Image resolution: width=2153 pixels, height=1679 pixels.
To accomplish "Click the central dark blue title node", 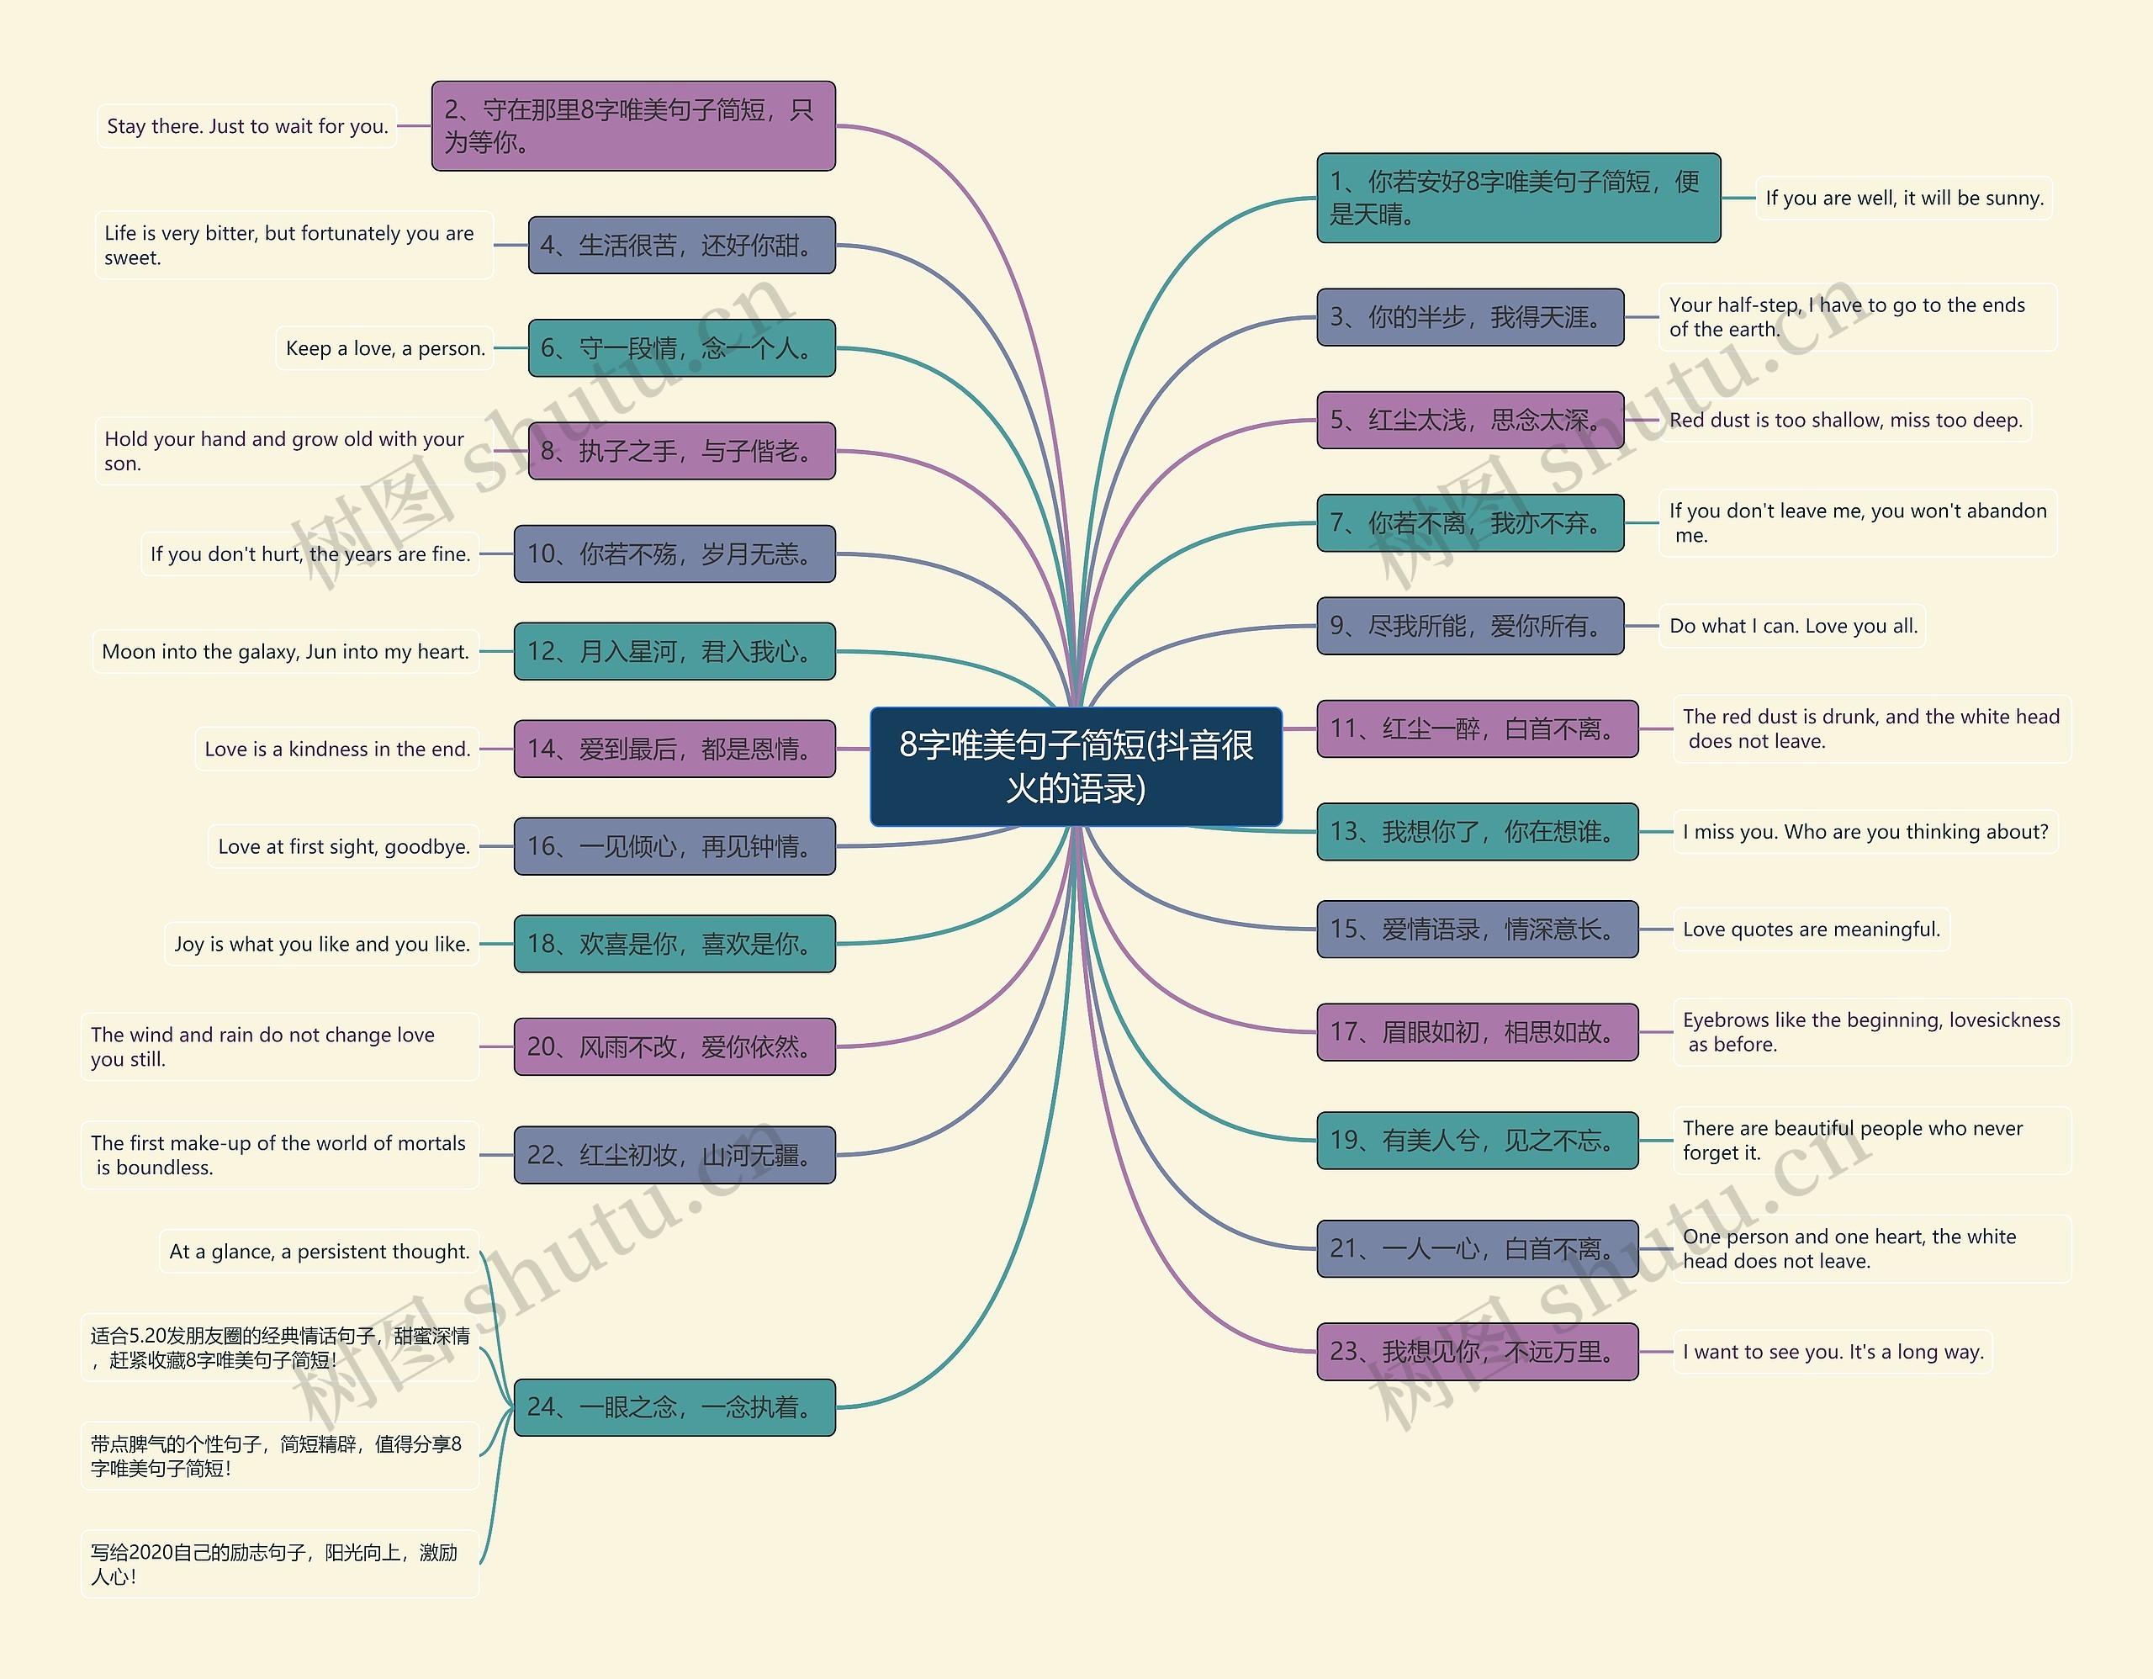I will pos(1076,766).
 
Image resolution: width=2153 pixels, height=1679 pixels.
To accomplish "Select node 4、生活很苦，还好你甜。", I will pos(681,246).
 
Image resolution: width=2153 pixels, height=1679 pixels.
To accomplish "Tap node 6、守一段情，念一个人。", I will pos(681,348).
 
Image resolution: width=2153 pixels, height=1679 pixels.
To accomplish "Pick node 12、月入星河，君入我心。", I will pos(674,652).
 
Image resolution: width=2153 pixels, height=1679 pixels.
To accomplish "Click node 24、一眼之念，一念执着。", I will pos(674,1407).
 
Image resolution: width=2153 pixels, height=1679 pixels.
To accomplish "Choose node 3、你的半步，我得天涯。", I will pos(1470,317).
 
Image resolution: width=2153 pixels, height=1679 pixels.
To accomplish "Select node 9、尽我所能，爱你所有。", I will pos(1470,626).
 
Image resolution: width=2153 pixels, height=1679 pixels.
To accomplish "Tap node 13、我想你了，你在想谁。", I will pos(1477,832).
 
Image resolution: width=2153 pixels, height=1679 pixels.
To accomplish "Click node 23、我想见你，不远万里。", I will pos(1477,1352).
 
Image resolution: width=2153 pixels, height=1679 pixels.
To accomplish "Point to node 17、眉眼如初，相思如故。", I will pos(1477,1032).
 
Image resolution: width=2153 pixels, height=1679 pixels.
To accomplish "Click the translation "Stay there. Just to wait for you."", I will pos(247,126).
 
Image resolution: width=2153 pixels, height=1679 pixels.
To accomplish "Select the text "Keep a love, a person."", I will pos(384,348).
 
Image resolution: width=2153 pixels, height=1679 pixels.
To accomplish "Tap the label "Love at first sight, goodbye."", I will pos(343,847).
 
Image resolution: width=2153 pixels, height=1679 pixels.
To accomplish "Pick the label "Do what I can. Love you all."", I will pos(1793,626).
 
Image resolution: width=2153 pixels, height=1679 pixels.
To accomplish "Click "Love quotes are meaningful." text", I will pos(1811,930).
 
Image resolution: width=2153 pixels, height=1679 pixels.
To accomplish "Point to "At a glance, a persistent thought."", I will pos(320,1253).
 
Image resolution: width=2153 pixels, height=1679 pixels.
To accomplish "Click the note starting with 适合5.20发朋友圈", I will pos(279,1348).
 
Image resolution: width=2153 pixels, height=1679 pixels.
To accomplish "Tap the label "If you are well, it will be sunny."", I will pos(1903,199).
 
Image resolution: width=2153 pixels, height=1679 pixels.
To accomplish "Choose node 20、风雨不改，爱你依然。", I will pos(674,1047).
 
